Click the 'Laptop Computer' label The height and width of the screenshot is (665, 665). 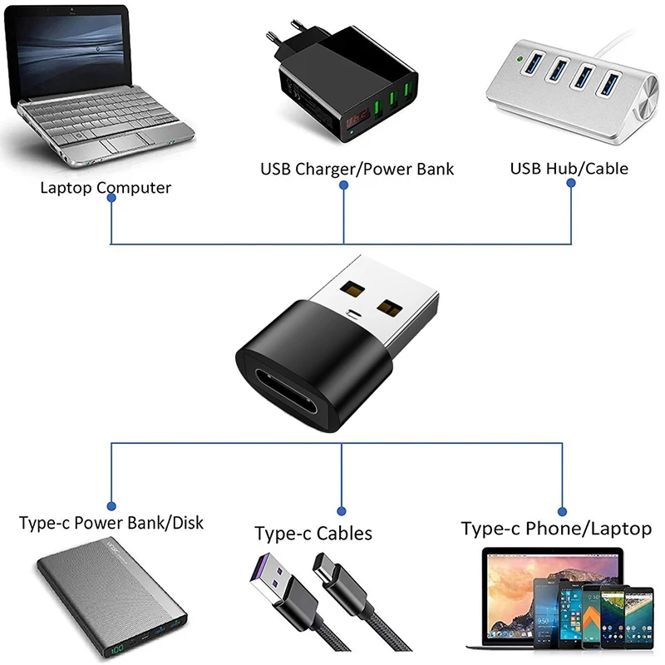coord(106,188)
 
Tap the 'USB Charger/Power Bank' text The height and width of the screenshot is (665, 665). coord(357,170)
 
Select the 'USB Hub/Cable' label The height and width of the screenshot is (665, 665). coord(569,169)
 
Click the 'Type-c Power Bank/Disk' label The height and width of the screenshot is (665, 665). coord(111,524)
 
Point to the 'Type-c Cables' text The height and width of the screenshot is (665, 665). coord(313,533)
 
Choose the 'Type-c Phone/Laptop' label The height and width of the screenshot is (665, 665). coord(556,529)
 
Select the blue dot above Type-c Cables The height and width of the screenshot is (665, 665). coord(342,510)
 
